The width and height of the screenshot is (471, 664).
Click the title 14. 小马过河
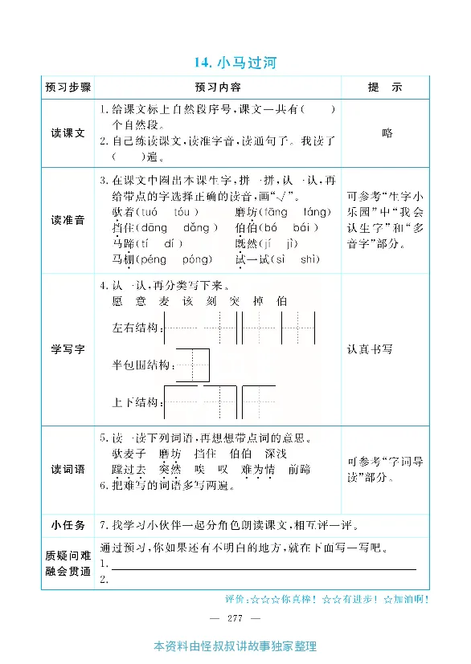(235, 62)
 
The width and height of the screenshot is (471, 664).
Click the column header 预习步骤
(68, 88)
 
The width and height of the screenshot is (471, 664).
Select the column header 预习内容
(218, 88)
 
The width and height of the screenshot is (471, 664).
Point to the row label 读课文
(68, 133)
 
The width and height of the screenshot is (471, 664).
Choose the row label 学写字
(68, 349)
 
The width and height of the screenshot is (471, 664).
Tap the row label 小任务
(68, 525)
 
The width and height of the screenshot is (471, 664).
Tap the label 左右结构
(137, 329)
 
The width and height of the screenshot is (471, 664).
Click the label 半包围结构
(143, 365)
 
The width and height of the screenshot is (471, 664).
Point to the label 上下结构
(137, 401)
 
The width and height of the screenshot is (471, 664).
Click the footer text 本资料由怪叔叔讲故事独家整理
(235, 646)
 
